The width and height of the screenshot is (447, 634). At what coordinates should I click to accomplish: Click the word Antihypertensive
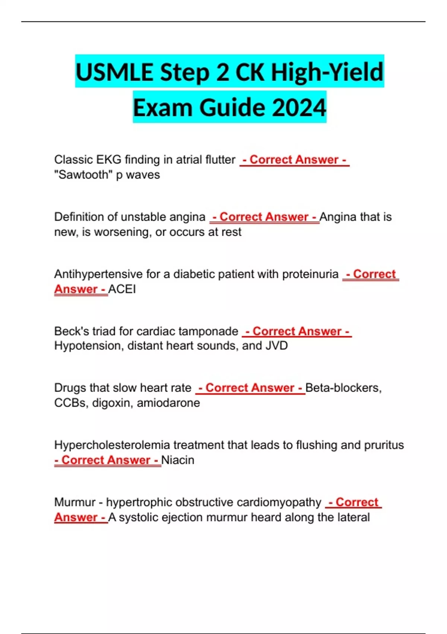(x=98, y=274)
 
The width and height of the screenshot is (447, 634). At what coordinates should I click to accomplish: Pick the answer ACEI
(x=122, y=289)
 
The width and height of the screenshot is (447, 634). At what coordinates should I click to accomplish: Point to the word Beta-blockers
(x=343, y=388)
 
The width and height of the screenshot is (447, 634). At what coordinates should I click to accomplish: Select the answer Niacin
(x=178, y=460)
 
